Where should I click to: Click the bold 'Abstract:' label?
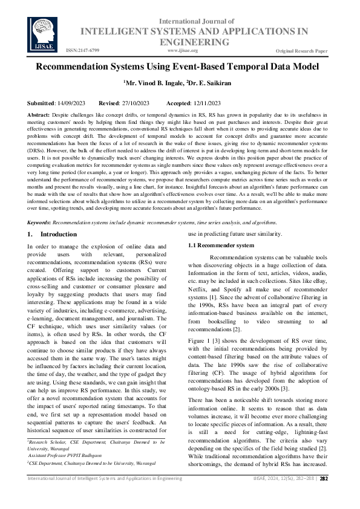39,114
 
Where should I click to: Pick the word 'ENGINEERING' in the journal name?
194,42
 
